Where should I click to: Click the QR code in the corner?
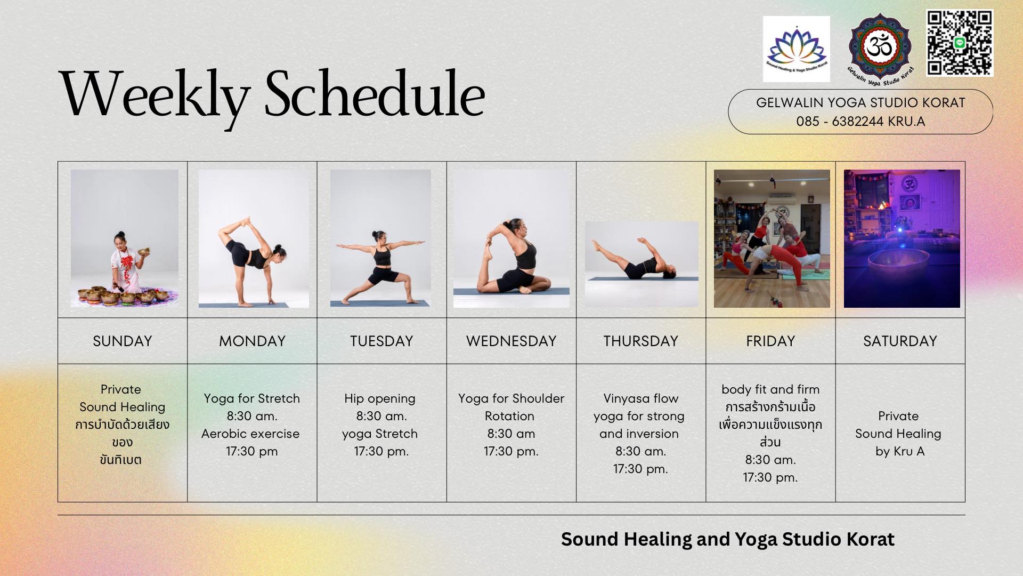point(959,43)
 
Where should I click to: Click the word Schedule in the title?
point(374,95)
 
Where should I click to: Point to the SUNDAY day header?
point(123,341)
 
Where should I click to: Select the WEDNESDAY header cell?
point(511,341)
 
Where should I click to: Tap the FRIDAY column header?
point(770,341)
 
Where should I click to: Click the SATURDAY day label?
point(900,341)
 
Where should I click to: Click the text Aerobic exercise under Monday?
point(250,434)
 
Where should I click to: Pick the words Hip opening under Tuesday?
point(380,398)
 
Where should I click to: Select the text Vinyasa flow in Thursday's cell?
point(640,398)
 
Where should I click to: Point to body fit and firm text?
point(770,389)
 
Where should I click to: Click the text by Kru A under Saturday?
point(900,451)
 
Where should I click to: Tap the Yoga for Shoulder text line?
point(511,398)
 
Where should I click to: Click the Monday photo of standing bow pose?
point(254,238)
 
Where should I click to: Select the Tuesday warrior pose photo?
point(380,238)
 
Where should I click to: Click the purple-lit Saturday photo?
point(902,238)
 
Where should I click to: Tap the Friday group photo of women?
point(772,238)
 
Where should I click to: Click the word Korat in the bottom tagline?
point(870,539)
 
